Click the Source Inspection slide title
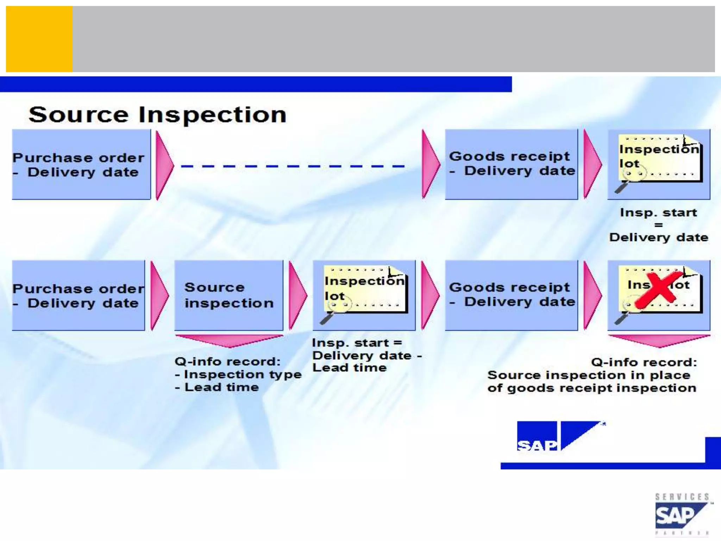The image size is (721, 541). click(157, 115)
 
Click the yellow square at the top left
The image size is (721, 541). click(39, 39)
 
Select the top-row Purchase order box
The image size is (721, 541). click(81, 164)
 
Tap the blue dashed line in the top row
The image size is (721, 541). click(292, 166)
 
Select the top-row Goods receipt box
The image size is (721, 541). click(511, 164)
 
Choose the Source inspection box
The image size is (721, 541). click(229, 295)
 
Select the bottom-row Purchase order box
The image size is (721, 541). click(78, 296)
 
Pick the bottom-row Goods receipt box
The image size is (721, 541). click(511, 295)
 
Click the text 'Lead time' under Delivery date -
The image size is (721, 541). click(350, 368)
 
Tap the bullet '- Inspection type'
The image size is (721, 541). click(238, 374)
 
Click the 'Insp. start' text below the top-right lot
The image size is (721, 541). click(658, 213)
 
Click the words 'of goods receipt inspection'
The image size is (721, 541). click(591, 388)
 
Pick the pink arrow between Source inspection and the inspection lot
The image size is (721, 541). click(297, 295)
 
